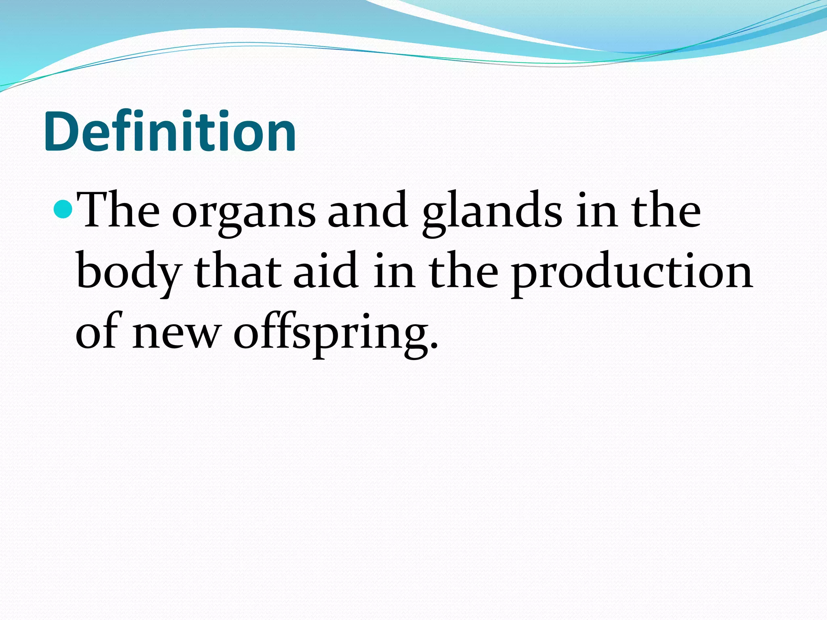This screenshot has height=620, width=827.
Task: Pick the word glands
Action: [492, 214]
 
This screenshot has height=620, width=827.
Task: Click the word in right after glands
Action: [596, 211]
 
